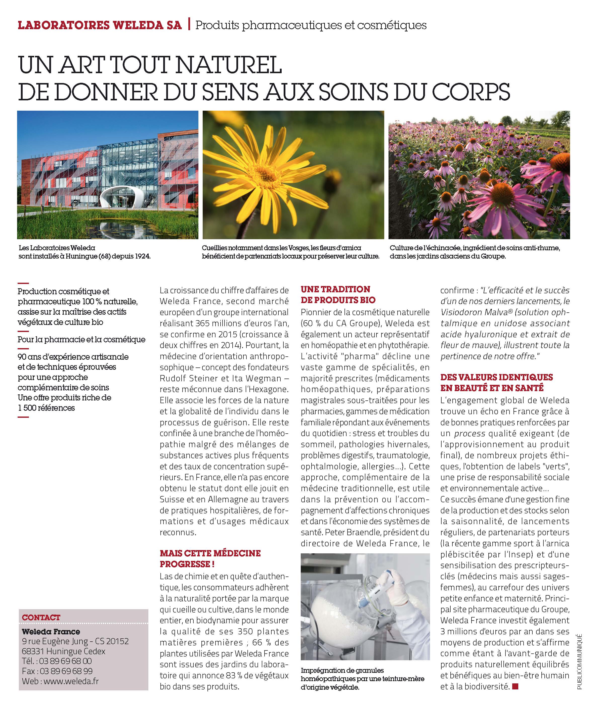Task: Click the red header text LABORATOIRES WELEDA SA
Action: [100, 25]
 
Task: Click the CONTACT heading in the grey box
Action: [41, 617]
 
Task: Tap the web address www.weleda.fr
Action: [71, 681]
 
